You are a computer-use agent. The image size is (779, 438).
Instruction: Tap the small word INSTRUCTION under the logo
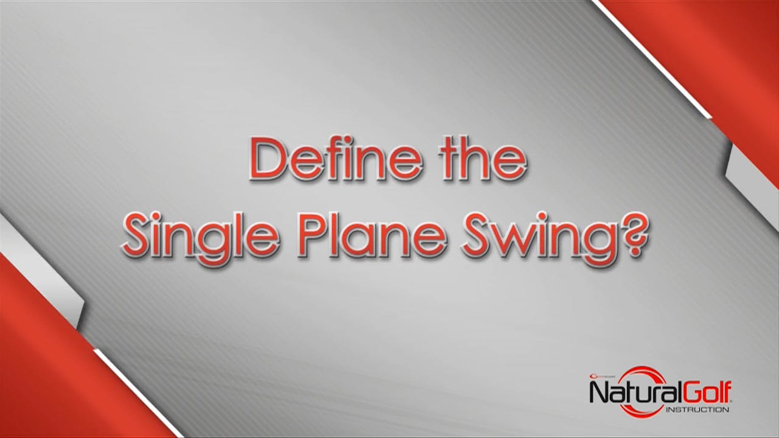point(697,409)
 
